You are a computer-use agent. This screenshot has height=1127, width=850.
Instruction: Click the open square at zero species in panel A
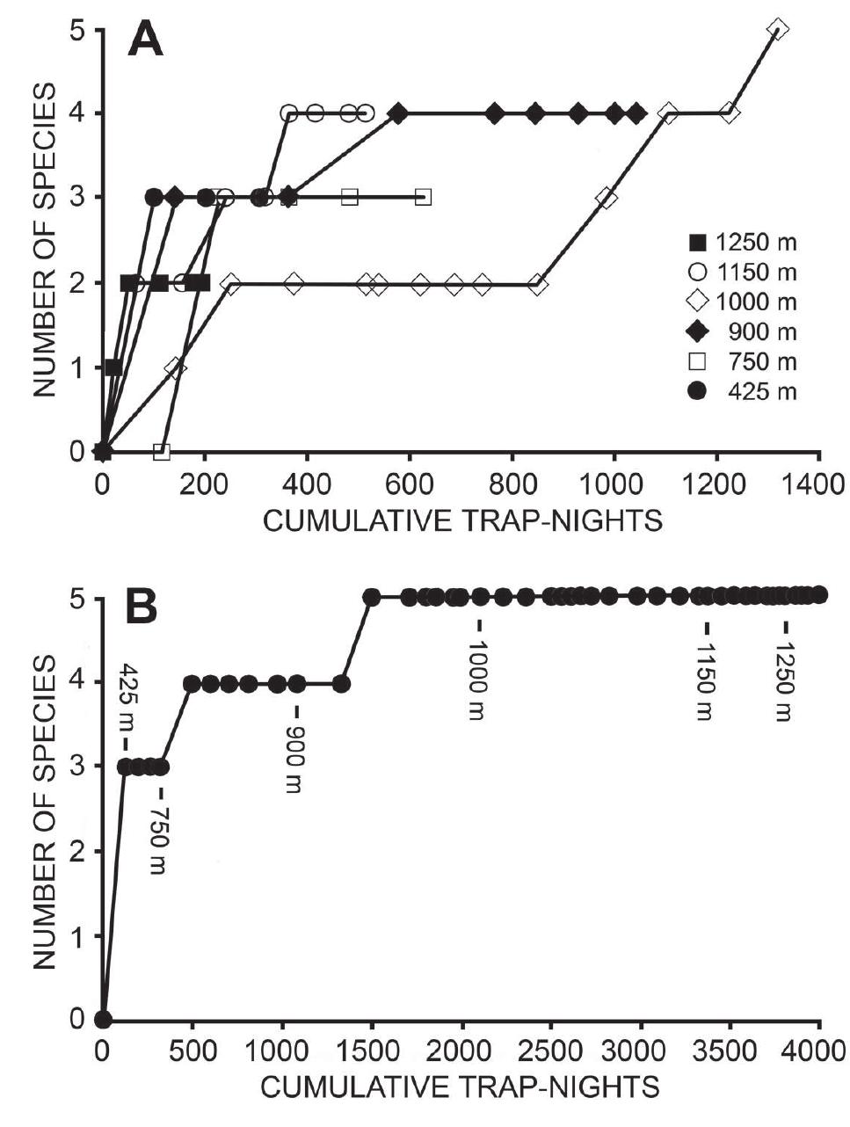click(162, 452)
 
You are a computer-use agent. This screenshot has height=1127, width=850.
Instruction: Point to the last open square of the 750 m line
click(423, 197)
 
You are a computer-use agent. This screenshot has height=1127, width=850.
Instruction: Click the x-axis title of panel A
click(462, 521)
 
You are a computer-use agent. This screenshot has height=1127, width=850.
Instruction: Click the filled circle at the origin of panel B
click(103, 1020)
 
